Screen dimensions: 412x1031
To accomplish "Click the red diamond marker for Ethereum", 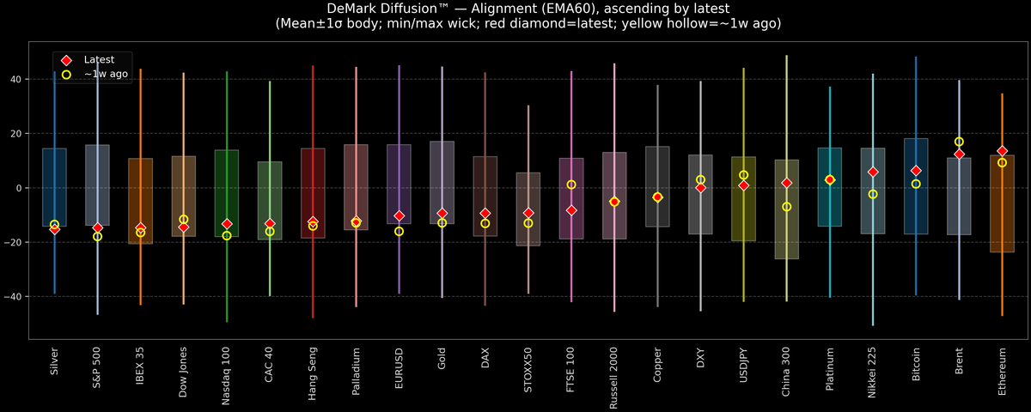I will click(x=1002, y=151).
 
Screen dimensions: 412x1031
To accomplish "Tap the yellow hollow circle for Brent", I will click(x=959, y=142).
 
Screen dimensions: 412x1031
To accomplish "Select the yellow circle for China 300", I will click(x=786, y=207).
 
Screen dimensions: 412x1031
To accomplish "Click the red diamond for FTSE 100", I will click(x=571, y=210).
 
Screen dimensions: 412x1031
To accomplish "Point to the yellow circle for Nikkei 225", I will click(x=873, y=194).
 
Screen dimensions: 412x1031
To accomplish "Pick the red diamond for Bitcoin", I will click(x=916, y=171).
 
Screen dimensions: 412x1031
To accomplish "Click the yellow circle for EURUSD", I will click(x=399, y=231).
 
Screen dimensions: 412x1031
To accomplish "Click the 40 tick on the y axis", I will click(x=16, y=79).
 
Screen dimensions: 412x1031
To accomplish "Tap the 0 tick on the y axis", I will click(x=20, y=188).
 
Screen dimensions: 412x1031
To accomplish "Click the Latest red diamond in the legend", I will click(x=66, y=60).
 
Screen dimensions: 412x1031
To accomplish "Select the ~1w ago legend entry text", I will click(x=107, y=75).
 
